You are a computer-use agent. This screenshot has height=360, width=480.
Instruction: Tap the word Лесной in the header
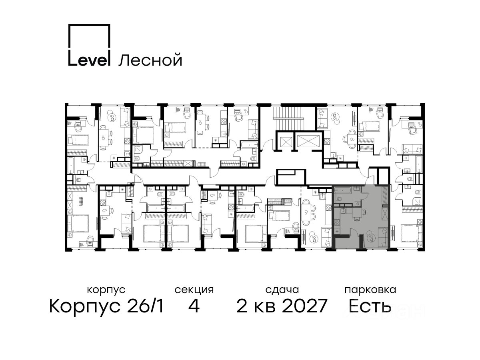150,60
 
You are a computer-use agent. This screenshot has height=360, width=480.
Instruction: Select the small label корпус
106,290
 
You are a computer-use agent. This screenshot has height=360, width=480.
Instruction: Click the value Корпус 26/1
106,306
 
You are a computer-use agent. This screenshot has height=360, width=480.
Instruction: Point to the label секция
194,290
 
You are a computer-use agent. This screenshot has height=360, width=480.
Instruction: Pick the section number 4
194,306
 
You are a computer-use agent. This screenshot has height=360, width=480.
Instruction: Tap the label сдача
282,290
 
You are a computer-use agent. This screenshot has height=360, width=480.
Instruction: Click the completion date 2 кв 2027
282,306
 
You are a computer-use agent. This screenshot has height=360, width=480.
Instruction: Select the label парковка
370,290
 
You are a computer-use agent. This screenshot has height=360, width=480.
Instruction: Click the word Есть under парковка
370,306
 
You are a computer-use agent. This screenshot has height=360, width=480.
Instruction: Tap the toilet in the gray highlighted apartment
340,200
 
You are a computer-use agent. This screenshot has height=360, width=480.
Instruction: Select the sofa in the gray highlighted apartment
383,237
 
